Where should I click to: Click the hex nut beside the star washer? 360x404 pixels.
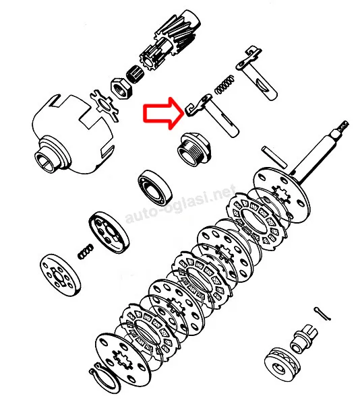pyautogui.click(x=122, y=88)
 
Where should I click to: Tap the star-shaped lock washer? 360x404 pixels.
pyautogui.click(x=104, y=105)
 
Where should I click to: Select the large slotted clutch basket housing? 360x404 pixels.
pyautogui.click(x=73, y=135)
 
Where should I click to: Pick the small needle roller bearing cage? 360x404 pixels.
pyautogui.click(x=136, y=73)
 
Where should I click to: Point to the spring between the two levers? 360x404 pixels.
pyautogui.click(x=224, y=84)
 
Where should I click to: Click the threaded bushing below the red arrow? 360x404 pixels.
pyautogui.click(x=194, y=149)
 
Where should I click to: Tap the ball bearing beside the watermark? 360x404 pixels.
pyautogui.click(x=155, y=188)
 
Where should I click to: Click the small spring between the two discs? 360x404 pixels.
pyautogui.click(x=86, y=252)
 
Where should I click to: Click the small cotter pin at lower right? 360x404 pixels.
pyautogui.click(x=322, y=314)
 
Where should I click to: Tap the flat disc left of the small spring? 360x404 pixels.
pyautogui.click(x=61, y=275)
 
